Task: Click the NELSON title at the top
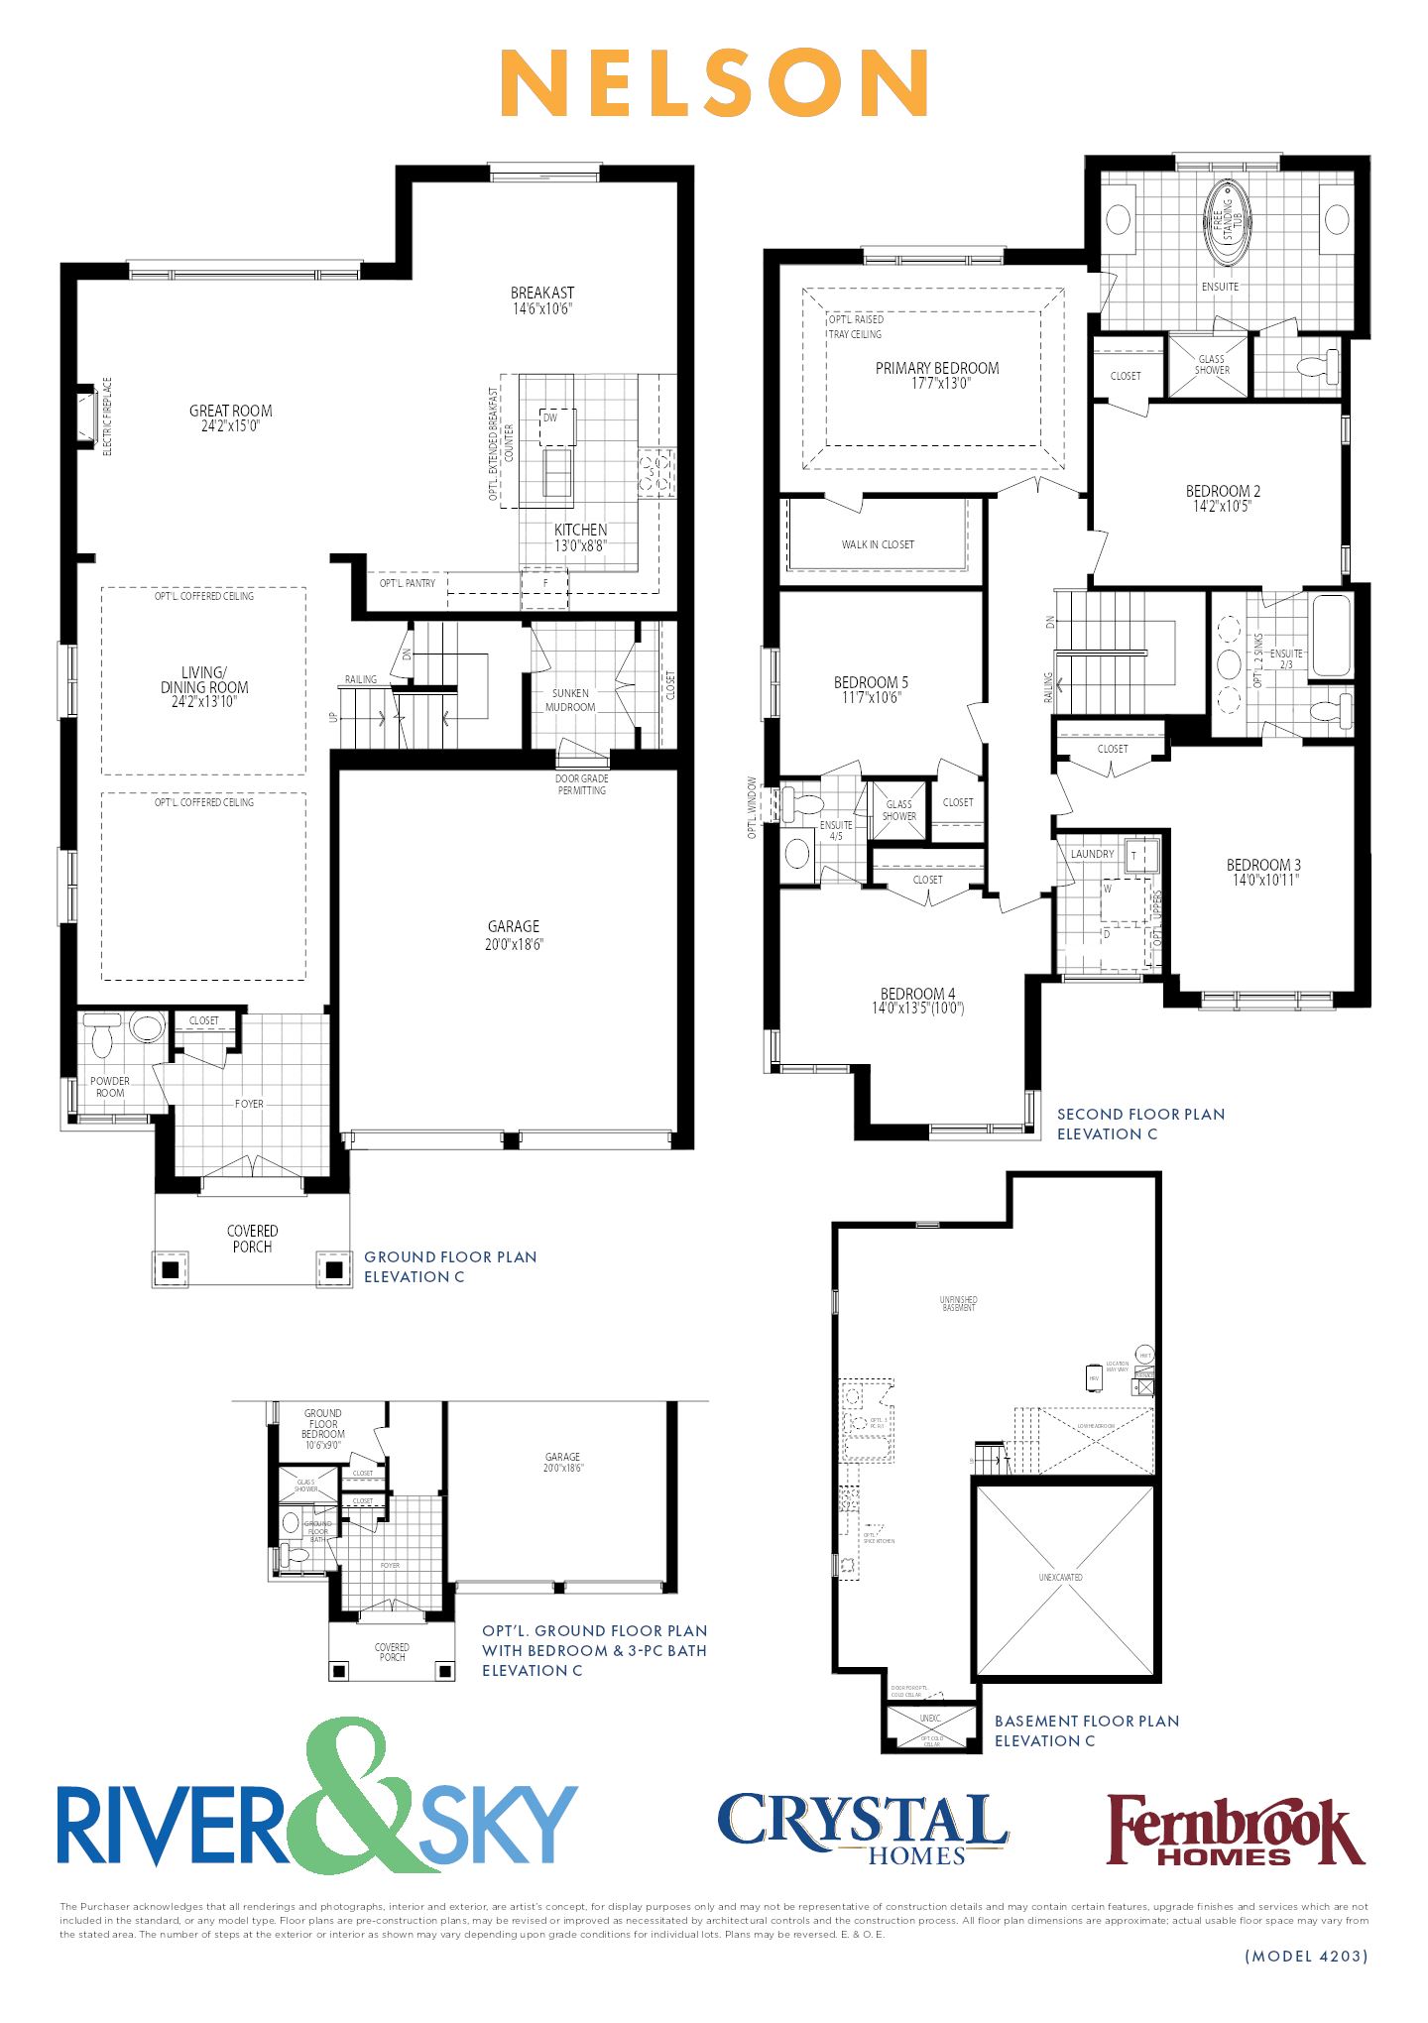tap(714, 83)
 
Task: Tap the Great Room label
tap(230, 411)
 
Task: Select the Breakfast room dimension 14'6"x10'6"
tap(542, 308)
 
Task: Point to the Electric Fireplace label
tap(108, 416)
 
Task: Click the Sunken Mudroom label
tap(570, 700)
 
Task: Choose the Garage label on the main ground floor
tap(513, 926)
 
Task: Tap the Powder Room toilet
tap(102, 1037)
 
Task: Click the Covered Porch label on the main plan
tap(252, 1239)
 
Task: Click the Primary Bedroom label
tap(937, 368)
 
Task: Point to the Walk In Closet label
tap(878, 544)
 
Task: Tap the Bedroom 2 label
tap(1223, 491)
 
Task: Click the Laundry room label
tap(1092, 854)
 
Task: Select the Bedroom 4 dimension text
tap(917, 1009)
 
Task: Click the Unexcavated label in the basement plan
tap(1060, 1577)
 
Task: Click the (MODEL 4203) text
tap(1305, 1957)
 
